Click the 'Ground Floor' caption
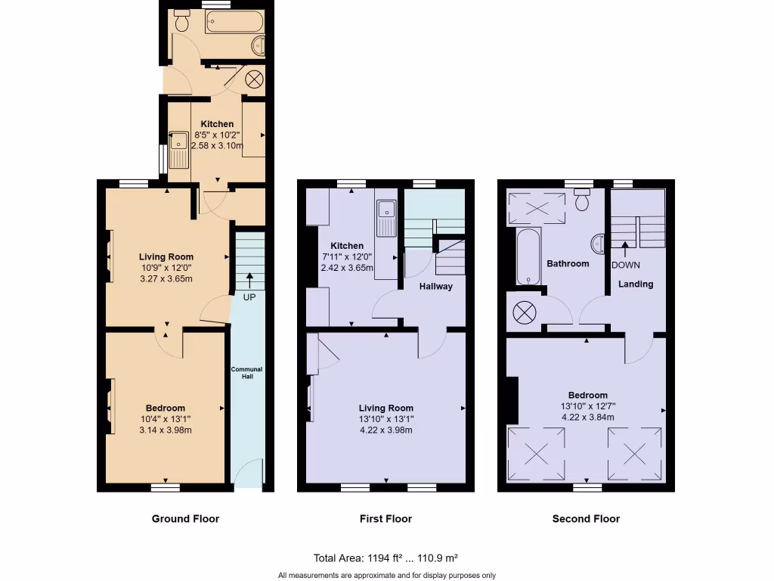[185, 519]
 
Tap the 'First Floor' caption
[385, 519]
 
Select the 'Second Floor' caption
[586, 519]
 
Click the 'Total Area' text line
[386, 558]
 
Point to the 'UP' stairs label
[249, 297]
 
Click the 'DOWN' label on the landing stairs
[625, 265]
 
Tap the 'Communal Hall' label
[246, 373]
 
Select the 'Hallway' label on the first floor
[436, 287]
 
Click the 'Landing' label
[636, 284]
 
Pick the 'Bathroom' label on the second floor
[568, 264]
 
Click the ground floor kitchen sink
[179, 149]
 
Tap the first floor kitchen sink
[386, 218]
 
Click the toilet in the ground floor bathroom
[181, 22]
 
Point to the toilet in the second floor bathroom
[582, 201]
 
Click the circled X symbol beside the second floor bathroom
[523, 311]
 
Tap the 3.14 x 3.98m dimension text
[166, 430]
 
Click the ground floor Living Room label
[166, 256]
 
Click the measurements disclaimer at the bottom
[386, 574]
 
